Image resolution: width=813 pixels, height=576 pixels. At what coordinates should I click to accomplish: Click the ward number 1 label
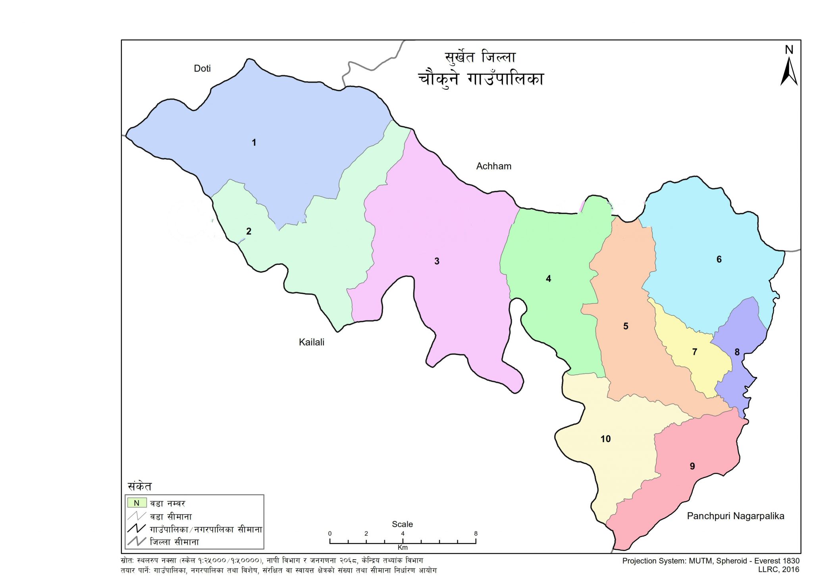tap(254, 143)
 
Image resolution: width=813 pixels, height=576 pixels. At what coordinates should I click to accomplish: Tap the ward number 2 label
tap(249, 231)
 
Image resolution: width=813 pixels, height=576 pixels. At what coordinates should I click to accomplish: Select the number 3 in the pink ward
tap(437, 261)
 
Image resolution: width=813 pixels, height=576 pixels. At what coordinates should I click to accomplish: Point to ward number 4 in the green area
tap(548, 279)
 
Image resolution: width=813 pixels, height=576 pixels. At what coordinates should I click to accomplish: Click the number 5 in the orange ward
tap(626, 326)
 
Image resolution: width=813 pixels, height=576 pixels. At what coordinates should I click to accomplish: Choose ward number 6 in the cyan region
tap(719, 259)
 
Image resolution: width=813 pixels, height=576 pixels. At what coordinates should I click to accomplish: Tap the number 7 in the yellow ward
tap(695, 352)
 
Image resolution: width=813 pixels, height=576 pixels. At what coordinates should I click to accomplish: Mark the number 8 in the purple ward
tap(737, 352)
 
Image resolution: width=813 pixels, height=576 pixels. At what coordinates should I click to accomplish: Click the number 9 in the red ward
tap(692, 466)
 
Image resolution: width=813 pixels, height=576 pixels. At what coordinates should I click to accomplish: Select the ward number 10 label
tap(605, 439)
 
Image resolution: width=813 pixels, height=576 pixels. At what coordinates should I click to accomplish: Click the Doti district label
tap(202, 69)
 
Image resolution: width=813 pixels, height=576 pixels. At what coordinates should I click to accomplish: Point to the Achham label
tap(493, 166)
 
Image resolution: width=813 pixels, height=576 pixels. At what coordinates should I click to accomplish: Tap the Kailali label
tap(312, 342)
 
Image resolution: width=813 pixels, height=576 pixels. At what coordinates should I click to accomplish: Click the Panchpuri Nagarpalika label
tap(736, 516)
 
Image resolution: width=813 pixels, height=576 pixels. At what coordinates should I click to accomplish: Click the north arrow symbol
tap(789, 70)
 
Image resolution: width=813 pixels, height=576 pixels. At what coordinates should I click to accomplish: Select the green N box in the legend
tap(137, 503)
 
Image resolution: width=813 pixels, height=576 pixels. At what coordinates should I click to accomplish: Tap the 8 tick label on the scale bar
tap(476, 533)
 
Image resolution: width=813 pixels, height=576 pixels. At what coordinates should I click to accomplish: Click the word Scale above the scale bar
tap(402, 524)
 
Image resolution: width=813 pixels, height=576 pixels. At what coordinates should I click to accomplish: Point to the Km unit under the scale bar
tap(403, 547)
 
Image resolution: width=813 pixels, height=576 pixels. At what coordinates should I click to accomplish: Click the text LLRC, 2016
tap(778, 569)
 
